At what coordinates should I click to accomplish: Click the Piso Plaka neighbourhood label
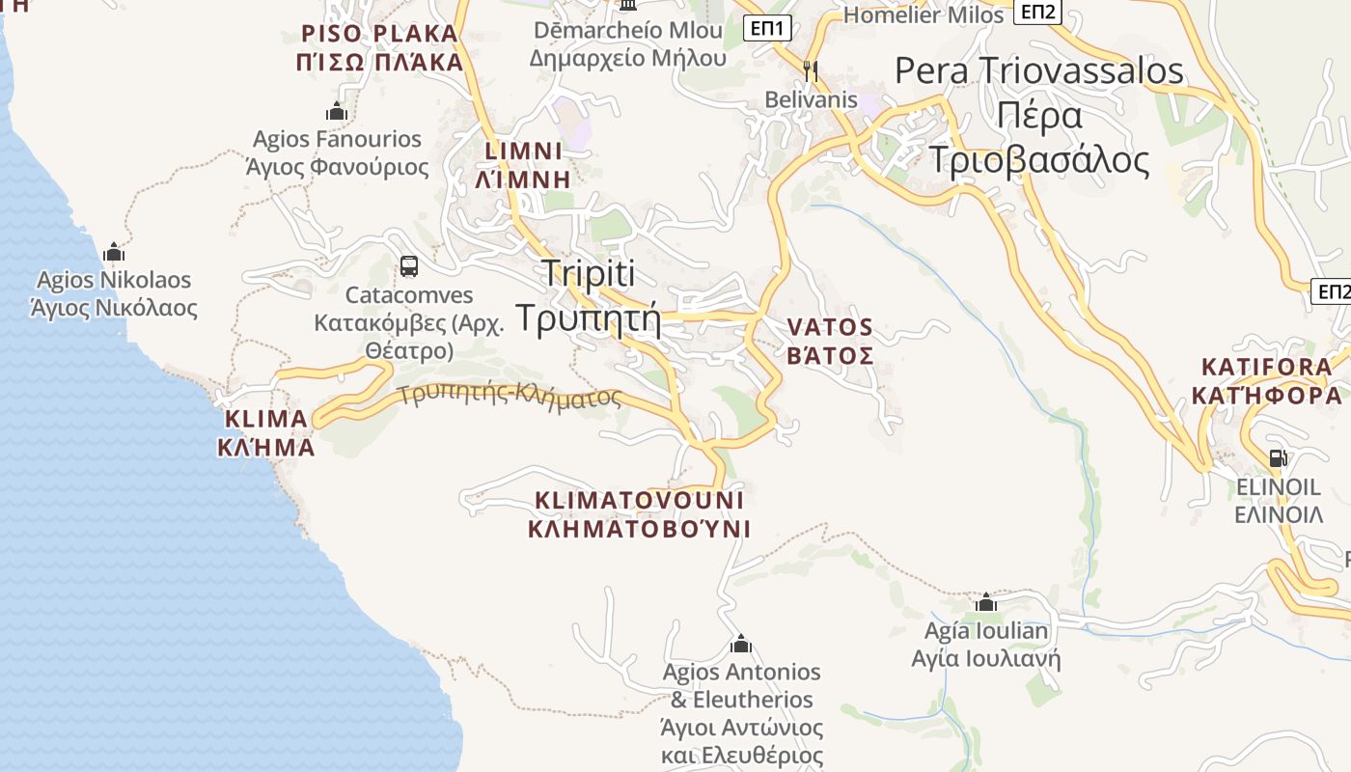click(379, 48)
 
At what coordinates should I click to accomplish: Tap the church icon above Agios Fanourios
click(337, 112)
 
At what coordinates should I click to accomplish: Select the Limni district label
click(523, 165)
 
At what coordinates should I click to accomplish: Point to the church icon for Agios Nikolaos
click(114, 253)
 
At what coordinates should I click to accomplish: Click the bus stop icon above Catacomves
click(409, 266)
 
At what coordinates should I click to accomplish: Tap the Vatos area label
click(830, 342)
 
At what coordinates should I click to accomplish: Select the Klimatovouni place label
click(640, 514)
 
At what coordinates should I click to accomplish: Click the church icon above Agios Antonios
click(741, 644)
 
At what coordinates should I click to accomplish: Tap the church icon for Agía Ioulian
click(985, 603)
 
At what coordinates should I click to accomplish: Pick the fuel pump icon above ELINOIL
click(1279, 457)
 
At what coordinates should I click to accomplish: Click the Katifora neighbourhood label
click(1266, 381)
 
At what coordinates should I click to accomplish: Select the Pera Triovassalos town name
click(1038, 116)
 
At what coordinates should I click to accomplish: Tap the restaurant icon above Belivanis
click(811, 70)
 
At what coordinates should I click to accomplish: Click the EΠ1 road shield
click(769, 28)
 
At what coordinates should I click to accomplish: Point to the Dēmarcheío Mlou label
click(627, 43)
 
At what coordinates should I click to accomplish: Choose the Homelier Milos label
click(924, 14)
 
